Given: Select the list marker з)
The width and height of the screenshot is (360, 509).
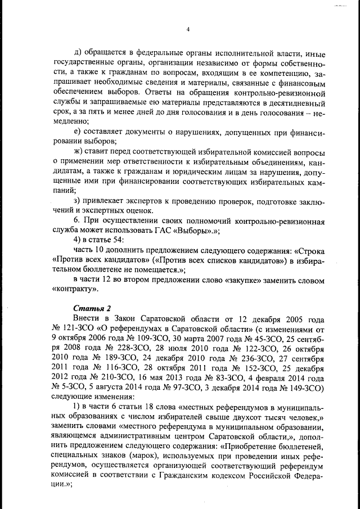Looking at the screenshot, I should pyautogui.click(x=79, y=201).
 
